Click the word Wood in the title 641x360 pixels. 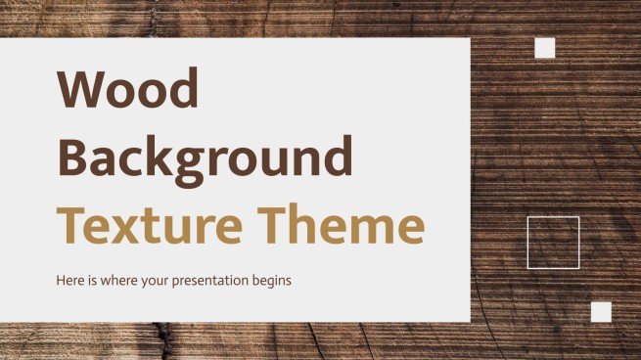129,91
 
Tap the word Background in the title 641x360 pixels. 206,157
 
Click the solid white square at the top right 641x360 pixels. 545,48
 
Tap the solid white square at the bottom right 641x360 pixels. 601,312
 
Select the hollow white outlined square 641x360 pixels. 553,243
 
